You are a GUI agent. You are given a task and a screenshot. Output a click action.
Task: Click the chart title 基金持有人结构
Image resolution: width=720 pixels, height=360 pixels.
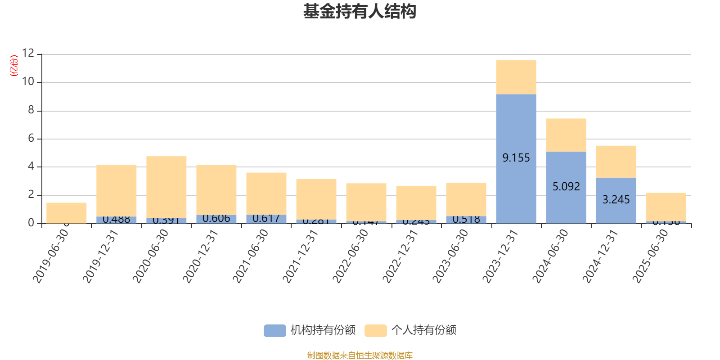[360, 12]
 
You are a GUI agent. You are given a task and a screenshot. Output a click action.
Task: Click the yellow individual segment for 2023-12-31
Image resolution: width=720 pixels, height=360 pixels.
[516, 77]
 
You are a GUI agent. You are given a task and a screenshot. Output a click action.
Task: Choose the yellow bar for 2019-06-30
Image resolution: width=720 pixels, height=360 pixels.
[67, 212]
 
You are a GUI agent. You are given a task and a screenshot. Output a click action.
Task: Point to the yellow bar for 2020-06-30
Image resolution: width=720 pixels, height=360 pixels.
[166, 187]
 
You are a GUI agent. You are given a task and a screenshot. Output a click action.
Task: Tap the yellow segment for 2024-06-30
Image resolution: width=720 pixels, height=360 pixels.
[566, 135]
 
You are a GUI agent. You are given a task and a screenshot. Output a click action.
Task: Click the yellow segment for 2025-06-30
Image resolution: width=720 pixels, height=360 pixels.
[666, 207]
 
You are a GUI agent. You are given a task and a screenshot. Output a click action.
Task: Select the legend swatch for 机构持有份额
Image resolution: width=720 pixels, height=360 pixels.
[274, 331]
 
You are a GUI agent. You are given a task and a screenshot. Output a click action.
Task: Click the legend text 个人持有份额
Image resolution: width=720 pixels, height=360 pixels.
[423, 330]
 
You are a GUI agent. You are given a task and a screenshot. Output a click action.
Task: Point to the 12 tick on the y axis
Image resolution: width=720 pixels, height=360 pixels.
[28, 54]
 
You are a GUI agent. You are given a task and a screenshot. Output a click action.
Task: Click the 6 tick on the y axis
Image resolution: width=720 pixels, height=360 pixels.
[31, 139]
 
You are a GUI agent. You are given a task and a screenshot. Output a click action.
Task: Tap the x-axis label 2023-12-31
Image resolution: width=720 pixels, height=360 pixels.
[500, 256]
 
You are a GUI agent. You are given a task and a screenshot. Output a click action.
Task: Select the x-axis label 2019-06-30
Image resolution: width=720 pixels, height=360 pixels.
[51, 256]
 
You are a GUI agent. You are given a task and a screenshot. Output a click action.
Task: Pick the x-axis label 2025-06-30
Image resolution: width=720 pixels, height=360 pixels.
[650, 256]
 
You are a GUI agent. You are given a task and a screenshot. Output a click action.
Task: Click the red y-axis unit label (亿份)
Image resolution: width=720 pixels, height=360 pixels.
[14, 66]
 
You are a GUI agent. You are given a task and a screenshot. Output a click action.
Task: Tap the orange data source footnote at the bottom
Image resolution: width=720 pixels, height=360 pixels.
[360, 355]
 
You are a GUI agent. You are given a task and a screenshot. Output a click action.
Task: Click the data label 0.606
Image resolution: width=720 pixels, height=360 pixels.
[216, 219]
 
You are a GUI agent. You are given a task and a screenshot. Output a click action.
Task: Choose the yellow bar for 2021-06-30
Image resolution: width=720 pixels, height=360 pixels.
[266, 193]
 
